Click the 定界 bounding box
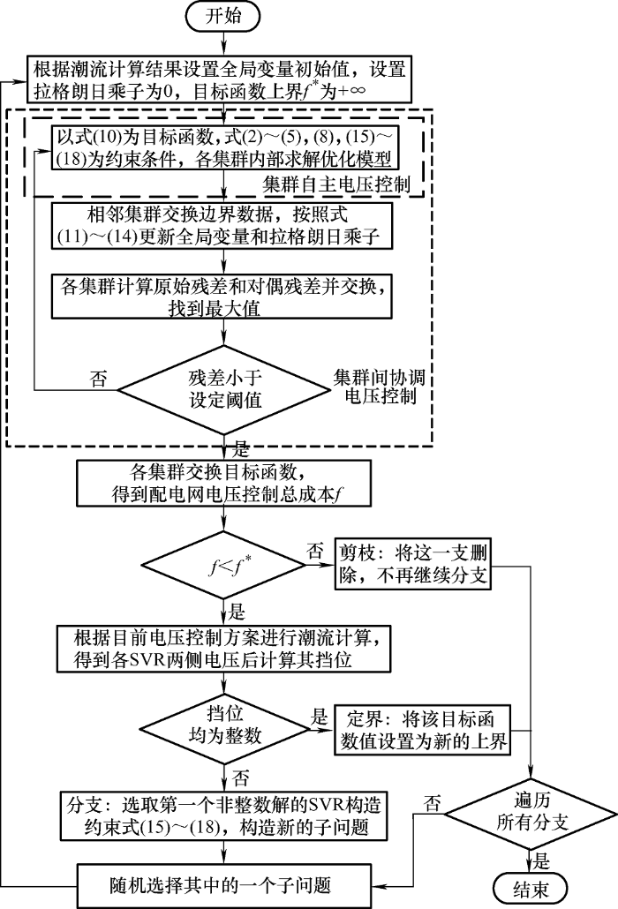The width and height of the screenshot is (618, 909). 422,728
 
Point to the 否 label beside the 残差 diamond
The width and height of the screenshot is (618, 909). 101,379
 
